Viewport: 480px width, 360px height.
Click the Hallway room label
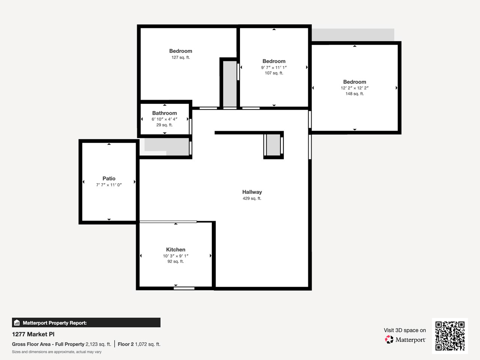click(252, 192)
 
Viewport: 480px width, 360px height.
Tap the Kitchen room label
click(175, 250)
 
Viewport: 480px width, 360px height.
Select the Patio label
click(109, 178)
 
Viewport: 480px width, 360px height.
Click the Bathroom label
click(164, 113)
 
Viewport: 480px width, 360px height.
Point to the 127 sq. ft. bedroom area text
click(180, 57)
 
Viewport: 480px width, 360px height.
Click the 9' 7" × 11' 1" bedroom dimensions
click(274, 67)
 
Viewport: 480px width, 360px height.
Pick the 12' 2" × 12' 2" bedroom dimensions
click(354, 88)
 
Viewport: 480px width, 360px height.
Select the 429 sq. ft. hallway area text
click(252, 198)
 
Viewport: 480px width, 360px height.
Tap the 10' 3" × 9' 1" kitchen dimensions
click(175, 256)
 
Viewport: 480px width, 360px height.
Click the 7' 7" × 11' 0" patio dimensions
click(109, 185)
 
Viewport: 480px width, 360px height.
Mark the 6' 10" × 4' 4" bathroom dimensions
click(164, 119)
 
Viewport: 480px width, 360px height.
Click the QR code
click(450, 336)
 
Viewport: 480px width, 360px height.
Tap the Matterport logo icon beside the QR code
click(389, 340)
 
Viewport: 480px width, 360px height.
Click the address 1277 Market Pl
click(33, 334)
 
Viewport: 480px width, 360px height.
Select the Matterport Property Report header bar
click(86, 322)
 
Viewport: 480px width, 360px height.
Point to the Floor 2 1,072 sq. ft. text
click(139, 344)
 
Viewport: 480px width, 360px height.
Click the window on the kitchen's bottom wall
click(184, 288)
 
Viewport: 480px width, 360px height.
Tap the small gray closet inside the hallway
click(273, 145)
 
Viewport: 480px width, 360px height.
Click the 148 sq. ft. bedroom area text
click(354, 94)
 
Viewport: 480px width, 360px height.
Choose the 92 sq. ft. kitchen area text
click(175, 261)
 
